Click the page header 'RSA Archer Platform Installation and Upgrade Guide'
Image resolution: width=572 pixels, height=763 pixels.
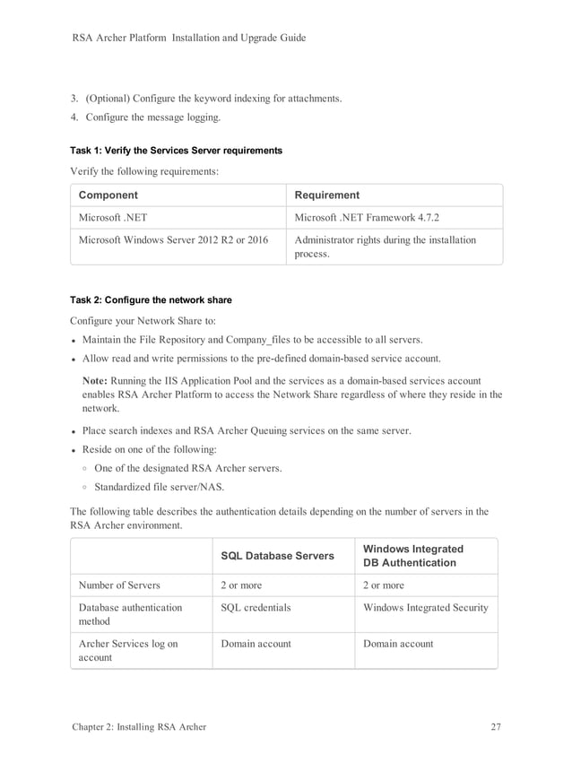[188, 38]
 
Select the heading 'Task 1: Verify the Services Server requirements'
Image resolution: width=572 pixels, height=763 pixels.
[176, 151]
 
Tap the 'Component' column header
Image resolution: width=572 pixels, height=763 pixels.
[108, 195]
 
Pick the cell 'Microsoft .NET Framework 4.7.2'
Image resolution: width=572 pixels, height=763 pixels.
[368, 218]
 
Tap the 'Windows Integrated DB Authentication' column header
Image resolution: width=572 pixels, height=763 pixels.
[413, 556]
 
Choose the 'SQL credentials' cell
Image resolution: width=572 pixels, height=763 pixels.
[256, 608]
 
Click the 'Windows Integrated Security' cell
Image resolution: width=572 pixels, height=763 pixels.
[426, 608]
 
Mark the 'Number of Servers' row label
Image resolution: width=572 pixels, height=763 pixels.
[119, 585]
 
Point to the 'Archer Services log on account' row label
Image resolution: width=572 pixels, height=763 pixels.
[128, 650]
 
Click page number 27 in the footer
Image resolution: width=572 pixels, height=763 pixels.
[495, 726]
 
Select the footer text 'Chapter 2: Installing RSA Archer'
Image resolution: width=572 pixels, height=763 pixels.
[139, 726]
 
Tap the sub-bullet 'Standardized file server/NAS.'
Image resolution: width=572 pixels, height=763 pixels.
[159, 488]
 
